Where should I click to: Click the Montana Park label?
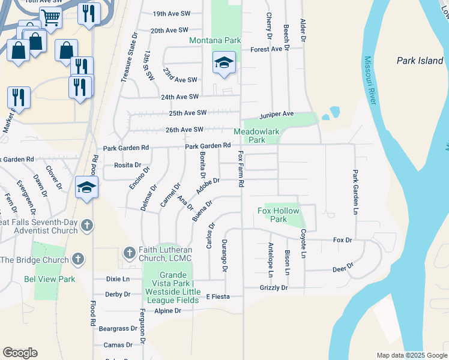(215, 41)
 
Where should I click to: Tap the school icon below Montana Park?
(224, 63)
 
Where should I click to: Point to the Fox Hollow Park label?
(280, 215)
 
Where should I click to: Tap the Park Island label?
(420, 61)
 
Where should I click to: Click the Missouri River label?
(369, 81)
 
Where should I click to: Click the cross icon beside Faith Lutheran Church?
(128, 252)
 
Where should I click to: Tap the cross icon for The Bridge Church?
(77, 259)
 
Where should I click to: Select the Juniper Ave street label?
(276, 114)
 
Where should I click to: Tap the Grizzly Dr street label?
(274, 288)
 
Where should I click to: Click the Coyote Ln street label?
(304, 244)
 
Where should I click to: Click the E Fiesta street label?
(218, 296)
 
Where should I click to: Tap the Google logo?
(20, 353)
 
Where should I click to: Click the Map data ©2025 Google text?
(411, 355)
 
